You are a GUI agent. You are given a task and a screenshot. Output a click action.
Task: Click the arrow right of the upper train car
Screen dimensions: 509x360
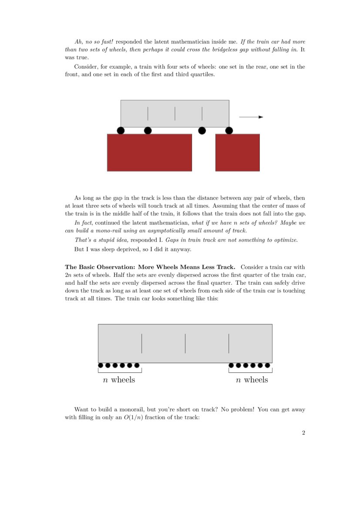point(251,117)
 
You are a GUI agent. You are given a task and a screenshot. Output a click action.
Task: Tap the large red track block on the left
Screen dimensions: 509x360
point(149,152)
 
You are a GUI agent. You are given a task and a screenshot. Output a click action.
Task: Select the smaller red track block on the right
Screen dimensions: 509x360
point(237,152)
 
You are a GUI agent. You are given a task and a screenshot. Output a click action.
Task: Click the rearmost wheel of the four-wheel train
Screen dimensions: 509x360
point(121,131)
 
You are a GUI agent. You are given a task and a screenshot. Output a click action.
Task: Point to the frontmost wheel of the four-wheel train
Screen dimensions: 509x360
point(229,131)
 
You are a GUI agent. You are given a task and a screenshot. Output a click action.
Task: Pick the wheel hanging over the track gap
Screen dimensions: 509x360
point(202,131)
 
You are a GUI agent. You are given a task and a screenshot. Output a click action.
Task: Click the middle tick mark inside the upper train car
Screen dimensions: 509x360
point(175,114)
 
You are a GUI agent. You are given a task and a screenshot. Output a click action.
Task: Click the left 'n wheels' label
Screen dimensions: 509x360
point(119,380)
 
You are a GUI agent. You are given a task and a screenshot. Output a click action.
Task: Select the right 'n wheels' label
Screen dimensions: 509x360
point(252,380)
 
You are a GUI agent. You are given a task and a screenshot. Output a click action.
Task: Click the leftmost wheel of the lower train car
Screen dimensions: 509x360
point(101,365)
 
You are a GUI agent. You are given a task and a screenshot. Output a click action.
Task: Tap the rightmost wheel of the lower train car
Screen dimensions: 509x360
point(267,365)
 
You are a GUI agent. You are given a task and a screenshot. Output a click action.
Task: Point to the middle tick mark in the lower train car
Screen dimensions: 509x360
point(185,344)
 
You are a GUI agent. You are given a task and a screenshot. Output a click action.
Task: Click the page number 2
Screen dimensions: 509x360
point(303,433)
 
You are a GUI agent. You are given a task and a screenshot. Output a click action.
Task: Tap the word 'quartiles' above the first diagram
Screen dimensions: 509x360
point(202,74)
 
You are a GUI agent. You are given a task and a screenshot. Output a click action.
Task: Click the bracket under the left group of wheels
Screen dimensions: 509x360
point(120,371)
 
